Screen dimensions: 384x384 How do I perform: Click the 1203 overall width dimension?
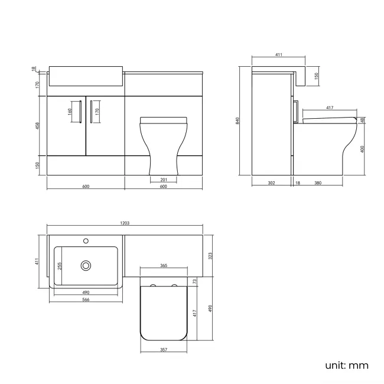click(125, 223)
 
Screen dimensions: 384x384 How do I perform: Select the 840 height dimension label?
click(238, 121)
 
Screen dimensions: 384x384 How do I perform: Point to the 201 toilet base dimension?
click(164, 180)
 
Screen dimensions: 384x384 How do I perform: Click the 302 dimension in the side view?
click(271, 183)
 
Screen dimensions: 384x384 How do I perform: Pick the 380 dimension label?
click(318, 183)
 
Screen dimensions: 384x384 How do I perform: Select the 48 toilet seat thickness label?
click(362, 120)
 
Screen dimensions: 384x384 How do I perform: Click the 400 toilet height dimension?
click(362, 149)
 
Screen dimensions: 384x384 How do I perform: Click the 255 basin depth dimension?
click(60, 266)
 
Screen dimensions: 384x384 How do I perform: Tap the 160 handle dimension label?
click(70, 110)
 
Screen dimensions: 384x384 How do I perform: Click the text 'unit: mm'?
click(346, 365)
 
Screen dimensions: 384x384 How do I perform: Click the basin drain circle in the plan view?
click(86, 266)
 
